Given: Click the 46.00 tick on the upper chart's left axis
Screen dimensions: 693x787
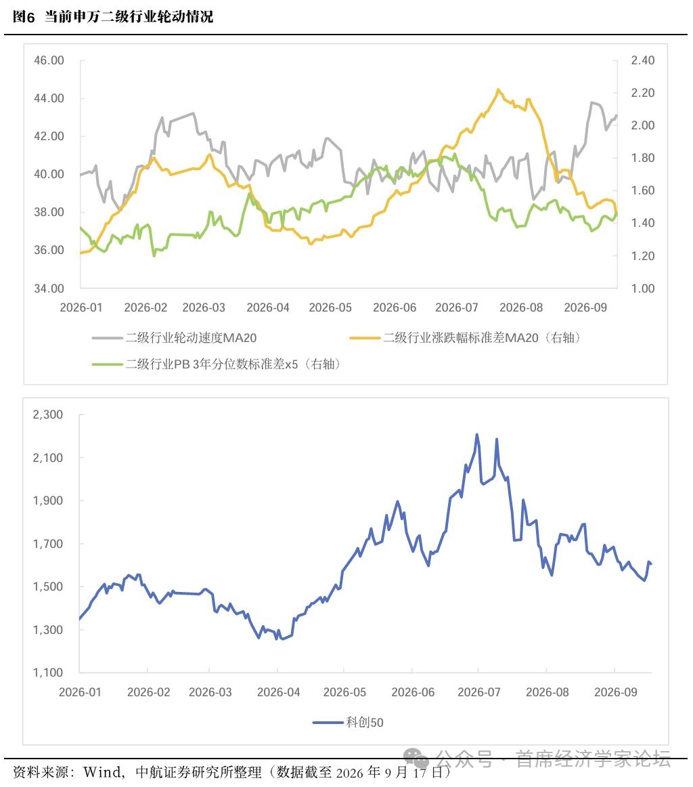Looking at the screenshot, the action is click(49, 60).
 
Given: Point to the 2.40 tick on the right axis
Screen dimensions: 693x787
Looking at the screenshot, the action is click(643, 60).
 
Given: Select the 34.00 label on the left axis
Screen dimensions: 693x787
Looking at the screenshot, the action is click(49, 288).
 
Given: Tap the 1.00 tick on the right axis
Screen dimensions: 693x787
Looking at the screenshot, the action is click(643, 288).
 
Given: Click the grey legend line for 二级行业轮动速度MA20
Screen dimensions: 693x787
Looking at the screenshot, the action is click(108, 338).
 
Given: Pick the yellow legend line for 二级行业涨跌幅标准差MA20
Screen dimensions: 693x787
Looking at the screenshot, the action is click(365, 338).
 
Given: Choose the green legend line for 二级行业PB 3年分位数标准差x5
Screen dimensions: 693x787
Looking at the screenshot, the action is click(108, 364).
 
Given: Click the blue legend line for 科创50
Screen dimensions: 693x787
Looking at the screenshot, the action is click(328, 722).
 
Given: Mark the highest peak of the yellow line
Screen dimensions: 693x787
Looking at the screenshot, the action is click(498, 90).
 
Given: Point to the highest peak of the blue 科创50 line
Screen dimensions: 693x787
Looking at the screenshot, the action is click(477, 435).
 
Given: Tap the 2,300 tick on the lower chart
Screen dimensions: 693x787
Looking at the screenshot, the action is click(47, 414).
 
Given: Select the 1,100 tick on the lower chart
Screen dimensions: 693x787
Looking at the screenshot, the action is click(47, 673).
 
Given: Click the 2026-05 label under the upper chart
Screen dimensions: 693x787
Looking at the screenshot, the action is click(330, 307).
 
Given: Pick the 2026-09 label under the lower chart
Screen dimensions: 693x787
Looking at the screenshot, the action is click(615, 692).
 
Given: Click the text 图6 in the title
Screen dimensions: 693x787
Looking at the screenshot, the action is click(24, 16).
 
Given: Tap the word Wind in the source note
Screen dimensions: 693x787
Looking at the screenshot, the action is click(102, 771).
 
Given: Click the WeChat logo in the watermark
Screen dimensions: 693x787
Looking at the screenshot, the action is click(416, 757).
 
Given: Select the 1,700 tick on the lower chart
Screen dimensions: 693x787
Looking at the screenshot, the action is click(47, 544).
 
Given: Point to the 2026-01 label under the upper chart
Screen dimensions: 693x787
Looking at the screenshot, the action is click(81, 307).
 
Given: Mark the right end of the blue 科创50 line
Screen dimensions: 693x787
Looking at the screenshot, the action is click(651, 563).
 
